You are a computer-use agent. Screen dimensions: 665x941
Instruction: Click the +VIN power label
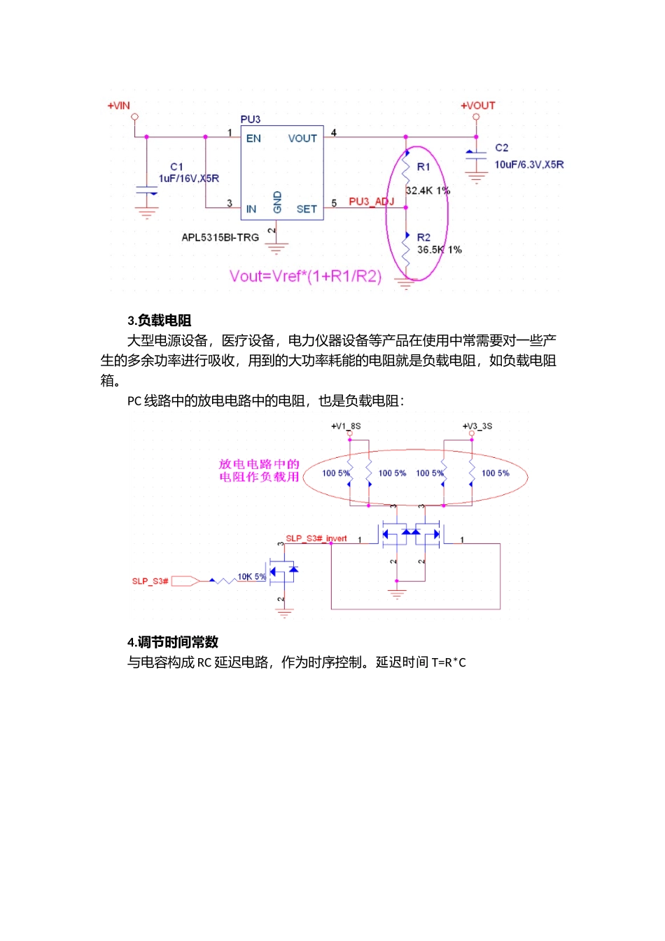pos(118,106)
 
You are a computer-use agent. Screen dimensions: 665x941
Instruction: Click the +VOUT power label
pos(478,106)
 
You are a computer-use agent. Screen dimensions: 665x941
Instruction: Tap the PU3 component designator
pos(250,120)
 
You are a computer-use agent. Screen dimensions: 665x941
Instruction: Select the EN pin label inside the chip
pos(253,139)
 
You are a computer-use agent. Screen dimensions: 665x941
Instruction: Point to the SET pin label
pos(307,209)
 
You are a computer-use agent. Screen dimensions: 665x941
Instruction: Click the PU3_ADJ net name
pos(371,202)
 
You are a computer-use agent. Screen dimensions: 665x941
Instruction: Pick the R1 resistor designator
pos(423,167)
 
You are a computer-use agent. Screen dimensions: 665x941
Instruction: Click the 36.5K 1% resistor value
pos(439,249)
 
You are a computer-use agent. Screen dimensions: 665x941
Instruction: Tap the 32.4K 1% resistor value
pos(427,190)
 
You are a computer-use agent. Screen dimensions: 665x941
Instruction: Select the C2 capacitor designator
pos(502,148)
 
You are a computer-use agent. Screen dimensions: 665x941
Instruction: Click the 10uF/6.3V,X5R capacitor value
pos(528,165)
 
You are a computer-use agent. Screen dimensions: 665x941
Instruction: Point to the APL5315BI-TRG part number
pos(220,237)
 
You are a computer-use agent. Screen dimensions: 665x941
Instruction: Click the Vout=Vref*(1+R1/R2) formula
pos(305,276)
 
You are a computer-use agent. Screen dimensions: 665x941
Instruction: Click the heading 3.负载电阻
pos(160,321)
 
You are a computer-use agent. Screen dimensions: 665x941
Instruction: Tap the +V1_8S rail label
pos(346,426)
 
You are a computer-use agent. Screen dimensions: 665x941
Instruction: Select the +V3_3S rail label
pos(477,426)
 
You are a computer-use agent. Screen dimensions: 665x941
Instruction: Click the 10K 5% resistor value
pos(252,576)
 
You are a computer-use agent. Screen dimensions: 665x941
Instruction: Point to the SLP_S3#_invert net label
pos(316,538)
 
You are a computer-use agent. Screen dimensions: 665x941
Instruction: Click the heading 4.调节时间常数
pos(173,642)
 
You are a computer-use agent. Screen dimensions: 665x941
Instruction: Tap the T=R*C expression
pos(449,662)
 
